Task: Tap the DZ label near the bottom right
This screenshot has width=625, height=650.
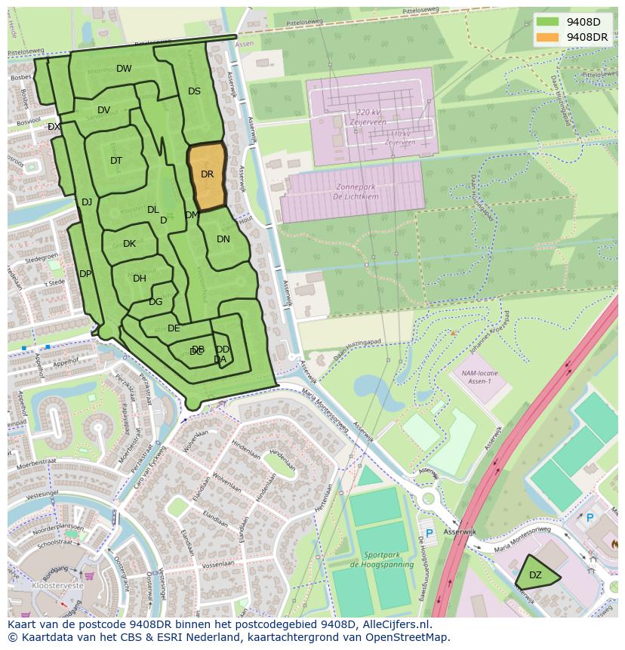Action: click(535, 575)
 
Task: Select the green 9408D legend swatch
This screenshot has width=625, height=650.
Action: click(548, 22)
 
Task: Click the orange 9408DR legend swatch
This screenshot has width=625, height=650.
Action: click(548, 37)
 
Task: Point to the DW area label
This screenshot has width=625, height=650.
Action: click(124, 69)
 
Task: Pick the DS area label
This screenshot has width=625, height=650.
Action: click(194, 91)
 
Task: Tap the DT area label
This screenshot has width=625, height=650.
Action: click(116, 161)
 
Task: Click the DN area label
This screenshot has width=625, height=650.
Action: click(223, 239)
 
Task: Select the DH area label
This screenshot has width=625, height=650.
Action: click(140, 279)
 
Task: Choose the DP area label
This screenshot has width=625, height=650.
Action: click(85, 274)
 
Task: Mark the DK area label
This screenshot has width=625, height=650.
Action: click(129, 244)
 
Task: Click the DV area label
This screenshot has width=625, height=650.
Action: click(104, 110)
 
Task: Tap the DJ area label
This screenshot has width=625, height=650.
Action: click(87, 202)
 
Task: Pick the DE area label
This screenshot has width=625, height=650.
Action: click(174, 328)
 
